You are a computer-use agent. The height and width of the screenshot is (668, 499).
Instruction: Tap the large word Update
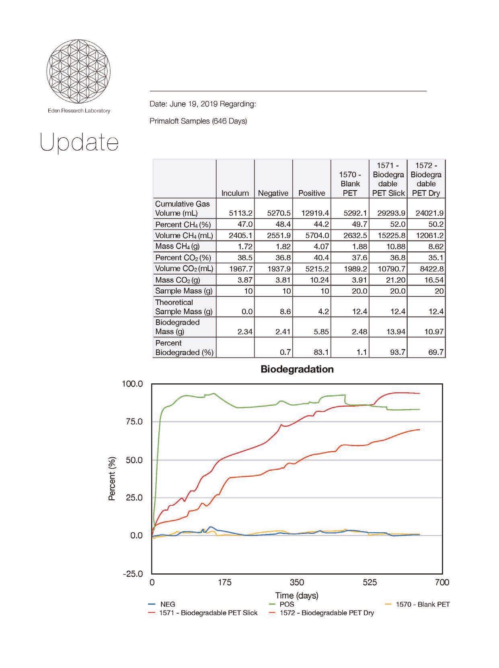tap(79, 143)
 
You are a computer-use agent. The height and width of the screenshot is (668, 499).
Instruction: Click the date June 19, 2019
tap(194, 104)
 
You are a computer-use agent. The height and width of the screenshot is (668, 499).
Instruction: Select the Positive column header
tap(312, 193)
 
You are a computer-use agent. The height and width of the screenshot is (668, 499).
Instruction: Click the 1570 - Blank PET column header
tap(350, 184)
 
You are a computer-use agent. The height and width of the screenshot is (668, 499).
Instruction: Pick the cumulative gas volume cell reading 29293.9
tap(388, 213)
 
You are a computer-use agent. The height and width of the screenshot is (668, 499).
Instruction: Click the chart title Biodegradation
tap(297, 369)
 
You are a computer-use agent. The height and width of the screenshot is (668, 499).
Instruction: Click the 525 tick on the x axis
tap(370, 582)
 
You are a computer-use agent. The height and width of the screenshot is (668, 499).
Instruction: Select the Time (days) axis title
tap(297, 595)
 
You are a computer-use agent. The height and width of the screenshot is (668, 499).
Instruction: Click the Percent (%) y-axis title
tap(112, 479)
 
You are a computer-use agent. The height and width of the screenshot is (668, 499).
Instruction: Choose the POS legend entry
tap(287, 604)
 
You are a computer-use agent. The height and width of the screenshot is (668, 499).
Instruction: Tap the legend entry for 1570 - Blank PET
tap(423, 604)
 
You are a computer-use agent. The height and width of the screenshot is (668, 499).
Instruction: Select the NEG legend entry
tap(167, 604)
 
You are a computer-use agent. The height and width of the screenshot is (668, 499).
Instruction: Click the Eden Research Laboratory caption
tap(79, 111)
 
